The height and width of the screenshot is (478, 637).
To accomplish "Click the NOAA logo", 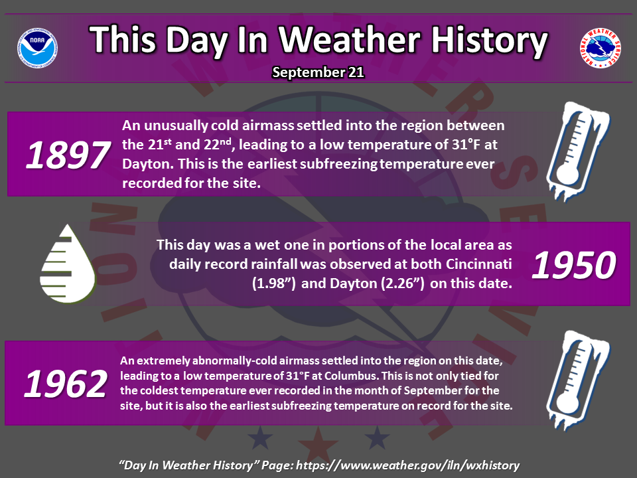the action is click(x=37, y=48).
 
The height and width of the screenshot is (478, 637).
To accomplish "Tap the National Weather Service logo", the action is click(x=600, y=48).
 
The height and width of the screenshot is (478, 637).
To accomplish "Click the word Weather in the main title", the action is click(x=350, y=39).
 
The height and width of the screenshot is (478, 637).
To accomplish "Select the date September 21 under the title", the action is click(x=318, y=72).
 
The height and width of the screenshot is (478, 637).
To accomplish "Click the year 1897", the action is click(x=68, y=155).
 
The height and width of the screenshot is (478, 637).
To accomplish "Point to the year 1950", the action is click(x=573, y=265).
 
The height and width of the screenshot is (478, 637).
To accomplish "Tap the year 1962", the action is click(x=66, y=384).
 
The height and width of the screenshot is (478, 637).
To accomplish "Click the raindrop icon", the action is click(x=68, y=264).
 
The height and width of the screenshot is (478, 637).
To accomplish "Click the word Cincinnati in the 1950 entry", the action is click(x=478, y=264).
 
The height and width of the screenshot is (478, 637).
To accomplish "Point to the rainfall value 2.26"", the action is click(x=403, y=283).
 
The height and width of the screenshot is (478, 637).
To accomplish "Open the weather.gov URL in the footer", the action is click(x=407, y=465).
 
